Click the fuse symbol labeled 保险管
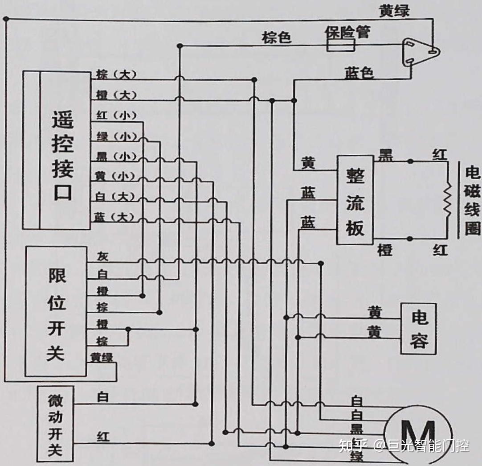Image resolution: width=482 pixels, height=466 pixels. [x=341, y=45]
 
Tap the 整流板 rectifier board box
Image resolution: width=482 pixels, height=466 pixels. [x=355, y=200]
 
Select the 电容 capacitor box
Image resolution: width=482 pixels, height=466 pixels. [x=418, y=329]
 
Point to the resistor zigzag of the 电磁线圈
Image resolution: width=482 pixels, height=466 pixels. [x=447, y=201]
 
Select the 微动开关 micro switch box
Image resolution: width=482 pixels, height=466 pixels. [x=56, y=424]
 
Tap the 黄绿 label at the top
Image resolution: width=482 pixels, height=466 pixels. [x=394, y=11]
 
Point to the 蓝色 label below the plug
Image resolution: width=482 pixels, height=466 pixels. [x=359, y=73]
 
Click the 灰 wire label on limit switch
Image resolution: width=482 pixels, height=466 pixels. [x=102, y=256]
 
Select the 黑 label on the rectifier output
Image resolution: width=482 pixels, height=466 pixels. [x=385, y=155]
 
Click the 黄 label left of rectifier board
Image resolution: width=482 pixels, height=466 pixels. [x=308, y=163]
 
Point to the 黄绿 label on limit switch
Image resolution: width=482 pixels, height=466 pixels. [x=102, y=357]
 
